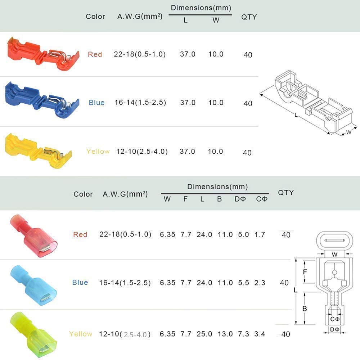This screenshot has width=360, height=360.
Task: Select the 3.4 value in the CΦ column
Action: click(x=260, y=334)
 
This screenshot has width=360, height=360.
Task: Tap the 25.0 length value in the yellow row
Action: click(x=204, y=334)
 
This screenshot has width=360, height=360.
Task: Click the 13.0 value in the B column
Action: click(x=225, y=334)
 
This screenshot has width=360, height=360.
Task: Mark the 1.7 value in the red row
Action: click(x=260, y=234)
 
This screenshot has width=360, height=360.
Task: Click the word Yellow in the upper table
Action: click(x=98, y=151)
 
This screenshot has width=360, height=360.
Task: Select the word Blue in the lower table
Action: click(x=80, y=282)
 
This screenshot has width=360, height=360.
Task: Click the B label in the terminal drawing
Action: click(x=305, y=309)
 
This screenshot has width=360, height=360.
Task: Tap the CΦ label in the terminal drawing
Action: click(x=335, y=319)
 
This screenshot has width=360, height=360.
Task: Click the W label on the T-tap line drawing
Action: click(x=348, y=132)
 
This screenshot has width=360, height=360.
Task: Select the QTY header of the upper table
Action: click(x=249, y=17)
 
